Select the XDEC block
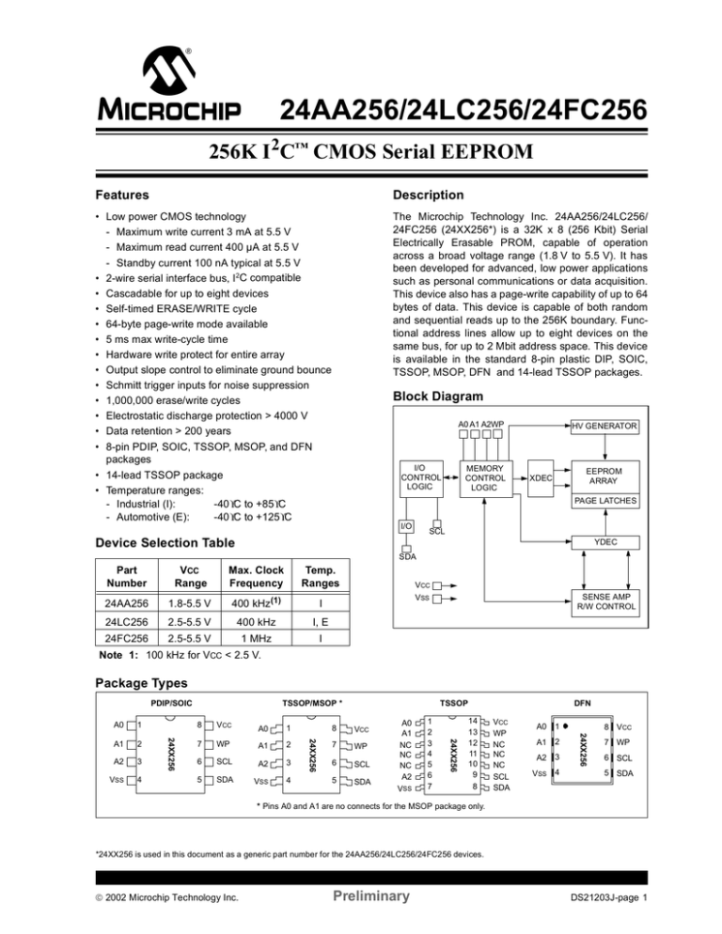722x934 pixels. [x=541, y=477]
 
